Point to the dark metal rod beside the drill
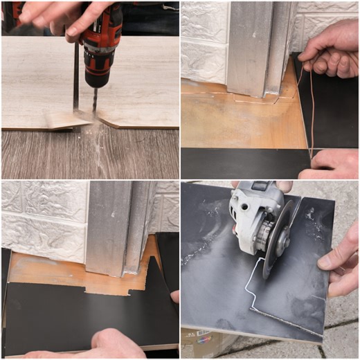[75, 76]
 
